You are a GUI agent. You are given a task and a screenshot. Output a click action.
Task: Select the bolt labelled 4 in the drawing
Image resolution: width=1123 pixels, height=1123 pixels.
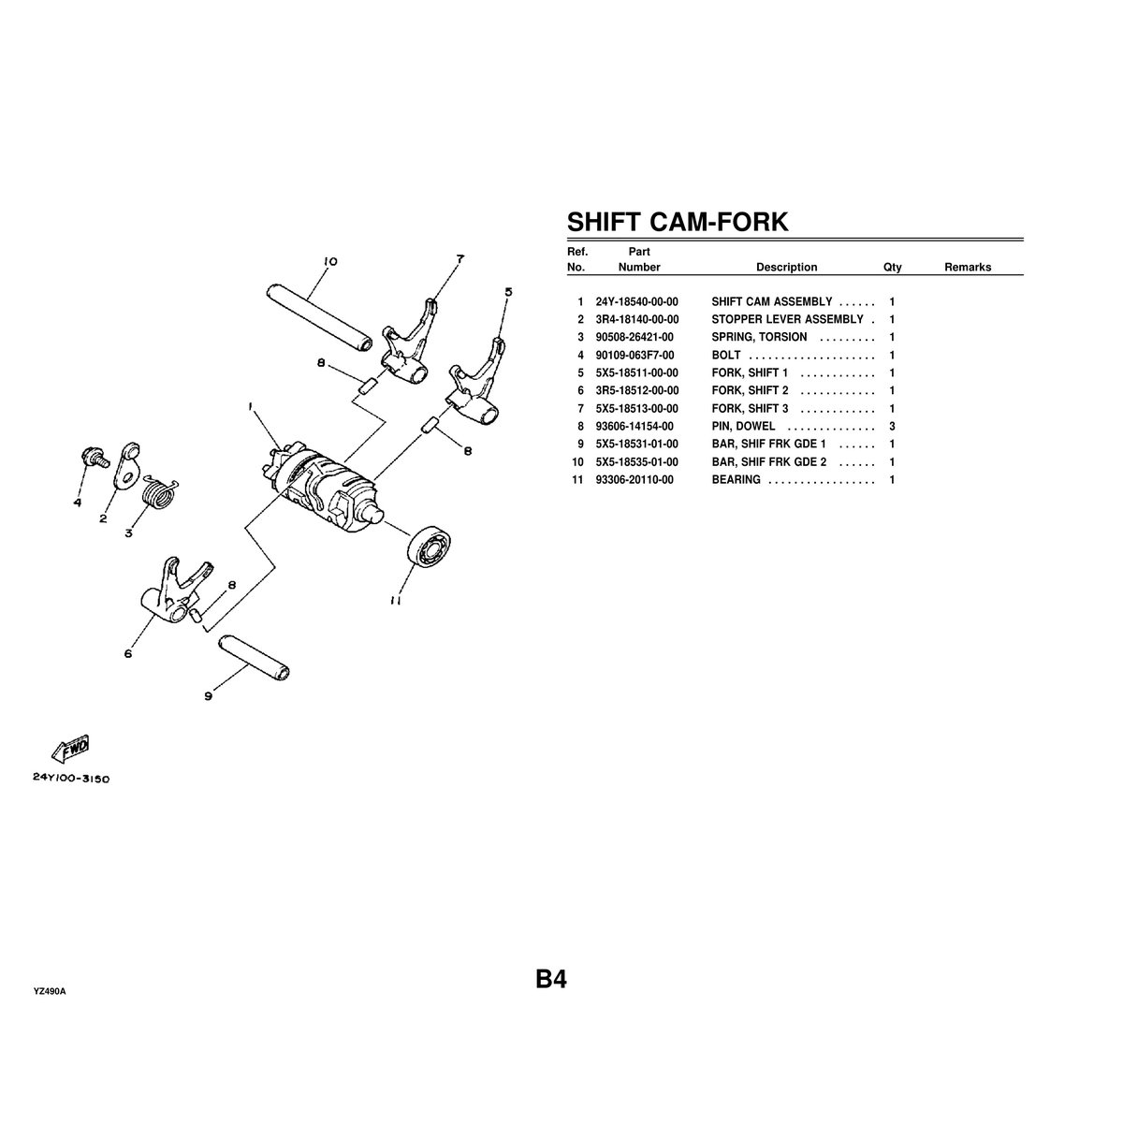click(92, 458)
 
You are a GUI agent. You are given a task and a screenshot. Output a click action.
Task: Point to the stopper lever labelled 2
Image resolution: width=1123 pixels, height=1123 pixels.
click(126, 468)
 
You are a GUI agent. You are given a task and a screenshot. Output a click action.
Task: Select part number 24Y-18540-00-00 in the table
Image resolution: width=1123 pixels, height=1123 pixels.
click(636, 301)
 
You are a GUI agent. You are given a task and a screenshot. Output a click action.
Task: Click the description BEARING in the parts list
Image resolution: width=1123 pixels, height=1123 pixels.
click(736, 480)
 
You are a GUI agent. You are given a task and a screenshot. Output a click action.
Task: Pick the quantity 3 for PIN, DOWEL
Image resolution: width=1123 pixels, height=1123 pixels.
click(892, 427)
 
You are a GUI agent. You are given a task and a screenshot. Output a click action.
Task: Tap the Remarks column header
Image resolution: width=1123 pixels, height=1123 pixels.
click(967, 268)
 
